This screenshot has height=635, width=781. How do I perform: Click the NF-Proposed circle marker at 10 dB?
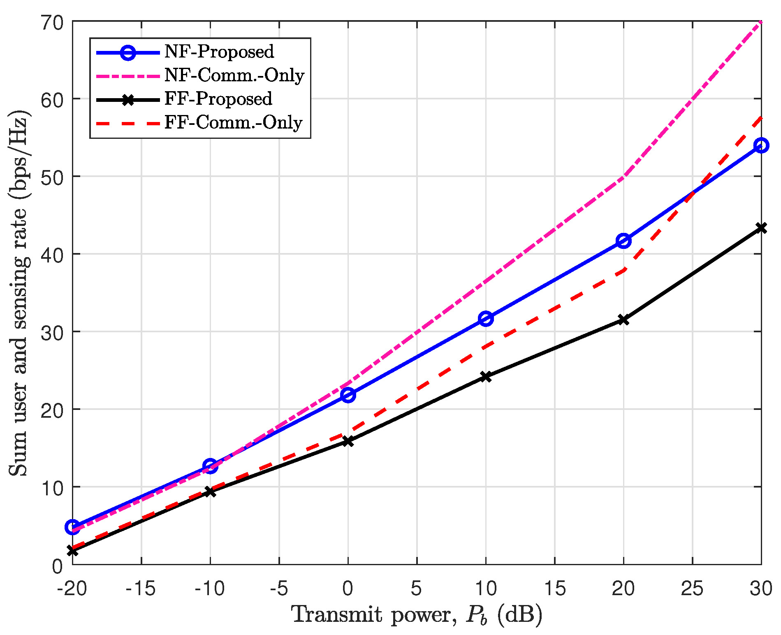(486, 319)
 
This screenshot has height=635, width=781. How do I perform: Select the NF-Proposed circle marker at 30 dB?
(761, 145)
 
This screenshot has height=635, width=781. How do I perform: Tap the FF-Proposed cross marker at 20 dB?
(623, 320)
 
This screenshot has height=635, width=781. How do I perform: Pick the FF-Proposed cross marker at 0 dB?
(348, 441)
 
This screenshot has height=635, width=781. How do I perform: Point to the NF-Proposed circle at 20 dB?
(623, 241)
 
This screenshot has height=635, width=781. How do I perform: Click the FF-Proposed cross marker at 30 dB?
(761, 228)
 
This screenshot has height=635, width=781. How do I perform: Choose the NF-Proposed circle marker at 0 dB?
(348, 395)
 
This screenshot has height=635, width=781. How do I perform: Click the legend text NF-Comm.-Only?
(234, 75)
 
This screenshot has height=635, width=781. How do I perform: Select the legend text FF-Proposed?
(218, 99)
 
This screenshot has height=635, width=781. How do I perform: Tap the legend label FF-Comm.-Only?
(233, 122)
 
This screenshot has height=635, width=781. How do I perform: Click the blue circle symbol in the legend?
(128, 52)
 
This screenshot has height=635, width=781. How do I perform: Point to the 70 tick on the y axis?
(52, 21)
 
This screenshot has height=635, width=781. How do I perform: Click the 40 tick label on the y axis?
(52, 254)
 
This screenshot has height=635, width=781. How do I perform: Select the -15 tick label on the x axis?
(141, 589)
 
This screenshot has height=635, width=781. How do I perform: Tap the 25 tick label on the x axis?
(692, 589)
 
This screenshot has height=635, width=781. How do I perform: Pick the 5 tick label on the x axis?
(417, 589)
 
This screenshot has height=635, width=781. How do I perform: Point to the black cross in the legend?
(128, 99)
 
